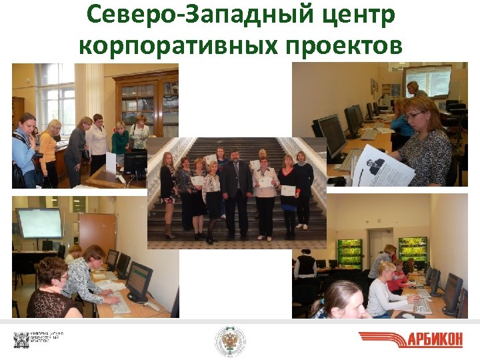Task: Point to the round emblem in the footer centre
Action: click(x=230, y=341)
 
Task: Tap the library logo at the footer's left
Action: click(x=36, y=339)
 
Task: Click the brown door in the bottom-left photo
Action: click(x=97, y=233)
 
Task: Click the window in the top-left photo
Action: click(x=57, y=97)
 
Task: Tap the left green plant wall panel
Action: click(x=349, y=253)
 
